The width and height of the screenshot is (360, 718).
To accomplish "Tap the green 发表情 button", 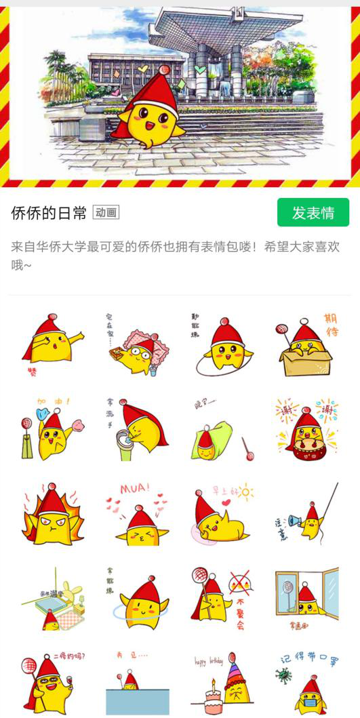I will click(313, 213).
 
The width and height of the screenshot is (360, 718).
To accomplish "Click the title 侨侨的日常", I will click(49, 214).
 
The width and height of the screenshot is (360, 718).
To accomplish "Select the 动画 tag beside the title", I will click(106, 213).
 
